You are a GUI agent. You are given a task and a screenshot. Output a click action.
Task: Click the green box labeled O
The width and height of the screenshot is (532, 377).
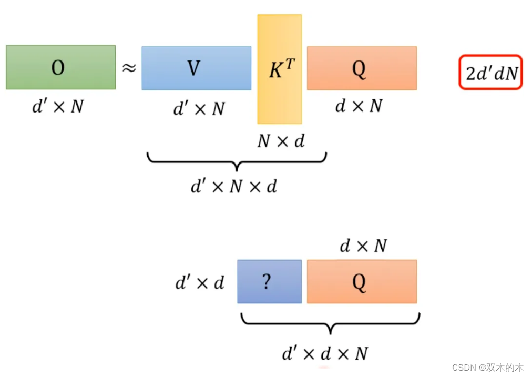tap(60, 67)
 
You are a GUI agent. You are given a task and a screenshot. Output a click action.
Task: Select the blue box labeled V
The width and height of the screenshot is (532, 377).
tap(196, 68)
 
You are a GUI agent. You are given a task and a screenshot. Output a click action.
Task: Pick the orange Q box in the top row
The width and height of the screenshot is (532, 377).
tap(362, 68)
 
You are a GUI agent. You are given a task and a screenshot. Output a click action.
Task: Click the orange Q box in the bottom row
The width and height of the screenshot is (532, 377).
tap(362, 282)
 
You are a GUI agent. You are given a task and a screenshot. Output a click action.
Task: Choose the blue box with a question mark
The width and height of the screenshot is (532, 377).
tap(269, 282)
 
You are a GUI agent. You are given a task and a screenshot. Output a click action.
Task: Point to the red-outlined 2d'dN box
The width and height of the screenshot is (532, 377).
tap(491, 73)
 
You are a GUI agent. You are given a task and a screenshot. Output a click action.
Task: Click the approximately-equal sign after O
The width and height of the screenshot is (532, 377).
tap(129, 68)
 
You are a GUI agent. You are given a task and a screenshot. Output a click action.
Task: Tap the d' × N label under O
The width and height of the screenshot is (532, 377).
tap(58, 107)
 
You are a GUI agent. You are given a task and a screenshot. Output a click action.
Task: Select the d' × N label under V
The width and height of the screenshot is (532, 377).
tap(199, 109)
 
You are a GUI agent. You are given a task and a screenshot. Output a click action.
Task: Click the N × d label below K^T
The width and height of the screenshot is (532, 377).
tap(281, 141)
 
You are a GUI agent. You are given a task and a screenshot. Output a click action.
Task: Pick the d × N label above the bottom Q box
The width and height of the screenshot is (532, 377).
tap(363, 246)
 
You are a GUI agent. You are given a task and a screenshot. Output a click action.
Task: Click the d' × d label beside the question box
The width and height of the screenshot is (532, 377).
tap(200, 283)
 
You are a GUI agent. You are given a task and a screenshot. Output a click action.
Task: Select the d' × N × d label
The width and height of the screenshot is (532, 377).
tap(233, 186)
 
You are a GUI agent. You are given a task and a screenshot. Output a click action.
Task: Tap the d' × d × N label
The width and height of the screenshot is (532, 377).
tap(324, 353)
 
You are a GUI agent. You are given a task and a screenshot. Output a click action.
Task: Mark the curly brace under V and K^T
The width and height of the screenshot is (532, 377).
tap(237, 161)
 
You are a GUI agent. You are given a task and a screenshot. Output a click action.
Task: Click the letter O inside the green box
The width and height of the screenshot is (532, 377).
tap(58, 68)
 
